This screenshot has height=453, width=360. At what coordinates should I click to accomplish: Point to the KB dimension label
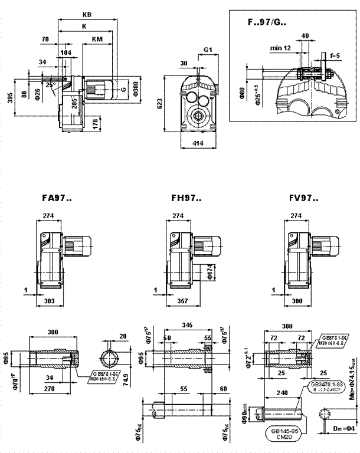coord(87,14)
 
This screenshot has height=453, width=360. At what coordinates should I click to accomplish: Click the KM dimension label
coord(98,39)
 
